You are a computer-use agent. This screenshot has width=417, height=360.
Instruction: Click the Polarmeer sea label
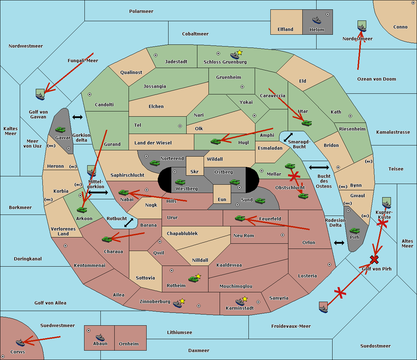(x=141, y=11)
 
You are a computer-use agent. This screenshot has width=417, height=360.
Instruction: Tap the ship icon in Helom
(x=316, y=20)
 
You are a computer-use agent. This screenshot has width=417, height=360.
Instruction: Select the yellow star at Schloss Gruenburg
(x=239, y=52)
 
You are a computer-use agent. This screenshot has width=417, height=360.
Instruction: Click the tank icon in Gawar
(x=60, y=129)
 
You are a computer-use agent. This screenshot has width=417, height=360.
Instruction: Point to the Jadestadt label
(x=176, y=62)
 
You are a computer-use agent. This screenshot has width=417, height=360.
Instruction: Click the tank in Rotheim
(x=193, y=279)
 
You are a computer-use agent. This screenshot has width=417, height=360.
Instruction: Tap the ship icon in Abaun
(x=100, y=337)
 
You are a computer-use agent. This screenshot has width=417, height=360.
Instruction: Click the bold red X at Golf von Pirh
(x=374, y=259)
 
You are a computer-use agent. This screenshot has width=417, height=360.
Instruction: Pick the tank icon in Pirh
(x=354, y=231)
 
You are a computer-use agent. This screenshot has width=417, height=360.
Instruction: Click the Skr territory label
(x=195, y=171)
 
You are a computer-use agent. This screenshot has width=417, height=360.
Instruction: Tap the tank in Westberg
(x=180, y=182)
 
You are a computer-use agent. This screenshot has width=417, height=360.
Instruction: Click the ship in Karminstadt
(x=240, y=302)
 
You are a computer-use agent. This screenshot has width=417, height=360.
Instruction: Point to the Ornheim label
(x=129, y=344)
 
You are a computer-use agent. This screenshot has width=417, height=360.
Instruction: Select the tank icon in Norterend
(x=155, y=163)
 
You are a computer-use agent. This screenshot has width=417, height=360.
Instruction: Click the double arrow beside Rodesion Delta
(x=339, y=243)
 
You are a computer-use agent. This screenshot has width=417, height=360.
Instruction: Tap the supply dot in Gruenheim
(x=242, y=87)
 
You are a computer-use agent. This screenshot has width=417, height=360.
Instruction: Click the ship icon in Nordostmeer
(x=362, y=27)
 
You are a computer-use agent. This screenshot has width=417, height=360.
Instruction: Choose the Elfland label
(x=285, y=30)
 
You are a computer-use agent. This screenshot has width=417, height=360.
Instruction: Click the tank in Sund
(x=260, y=201)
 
